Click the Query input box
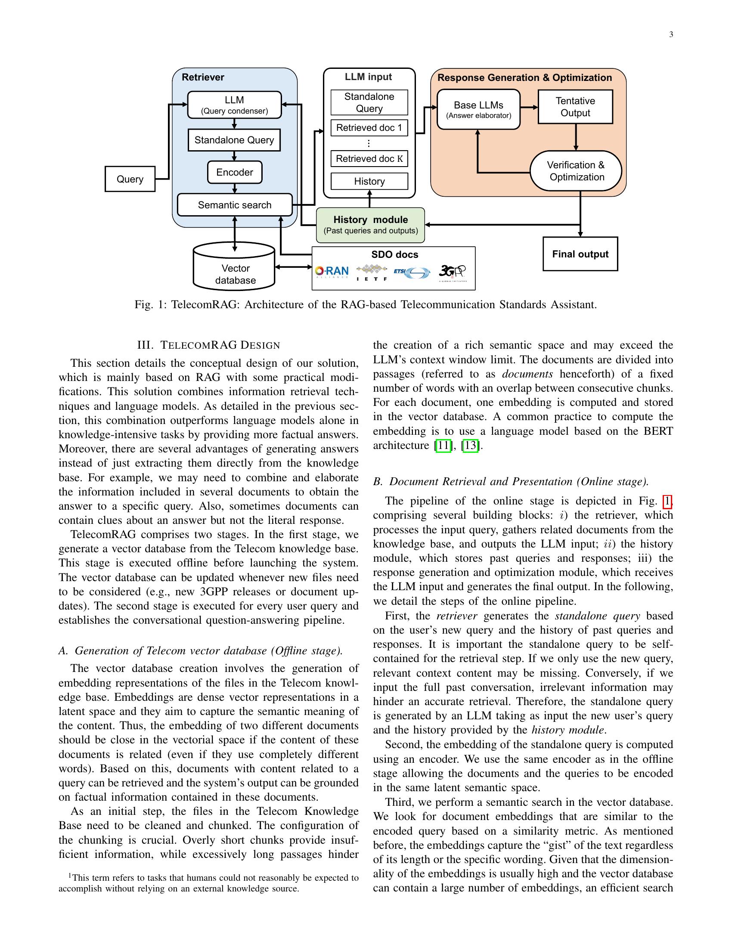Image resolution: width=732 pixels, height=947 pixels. pyautogui.click(x=130, y=179)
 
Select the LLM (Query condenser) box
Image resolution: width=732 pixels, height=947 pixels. pyautogui.click(x=234, y=105)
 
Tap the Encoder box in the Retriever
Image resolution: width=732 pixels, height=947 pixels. pyautogui.click(x=235, y=172)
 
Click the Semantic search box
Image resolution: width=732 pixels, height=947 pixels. pyautogui.click(x=235, y=204)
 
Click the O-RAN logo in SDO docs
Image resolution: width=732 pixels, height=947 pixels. pyautogui.click(x=332, y=272)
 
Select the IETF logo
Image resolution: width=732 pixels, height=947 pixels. pyautogui.click(x=372, y=272)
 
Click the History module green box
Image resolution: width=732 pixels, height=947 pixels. pyautogui.click(x=370, y=225)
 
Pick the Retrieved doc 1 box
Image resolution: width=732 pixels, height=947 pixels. pyautogui.click(x=369, y=128)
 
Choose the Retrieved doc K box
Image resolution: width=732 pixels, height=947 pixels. pyautogui.click(x=369, y=159)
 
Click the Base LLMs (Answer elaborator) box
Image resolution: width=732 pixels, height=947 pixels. pyautogui.click(x=478, y=109)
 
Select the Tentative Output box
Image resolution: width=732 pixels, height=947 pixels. pyautogui.click(x=575, y=107)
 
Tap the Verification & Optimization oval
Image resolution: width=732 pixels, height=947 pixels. pyautogui.click(x=575, y=171)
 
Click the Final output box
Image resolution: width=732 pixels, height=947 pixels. pyautogui.click(x=580, y=254)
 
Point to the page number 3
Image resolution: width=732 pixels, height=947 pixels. pyautogui.click(x=671, y=35)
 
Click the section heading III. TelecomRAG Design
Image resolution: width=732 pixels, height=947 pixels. pyautogui.click(x=208, y=345)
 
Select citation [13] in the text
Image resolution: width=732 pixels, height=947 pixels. pyautogui.click(x=471, y=446)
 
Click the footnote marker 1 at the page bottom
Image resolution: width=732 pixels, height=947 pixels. pyautogui.click(x=70, y=876)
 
